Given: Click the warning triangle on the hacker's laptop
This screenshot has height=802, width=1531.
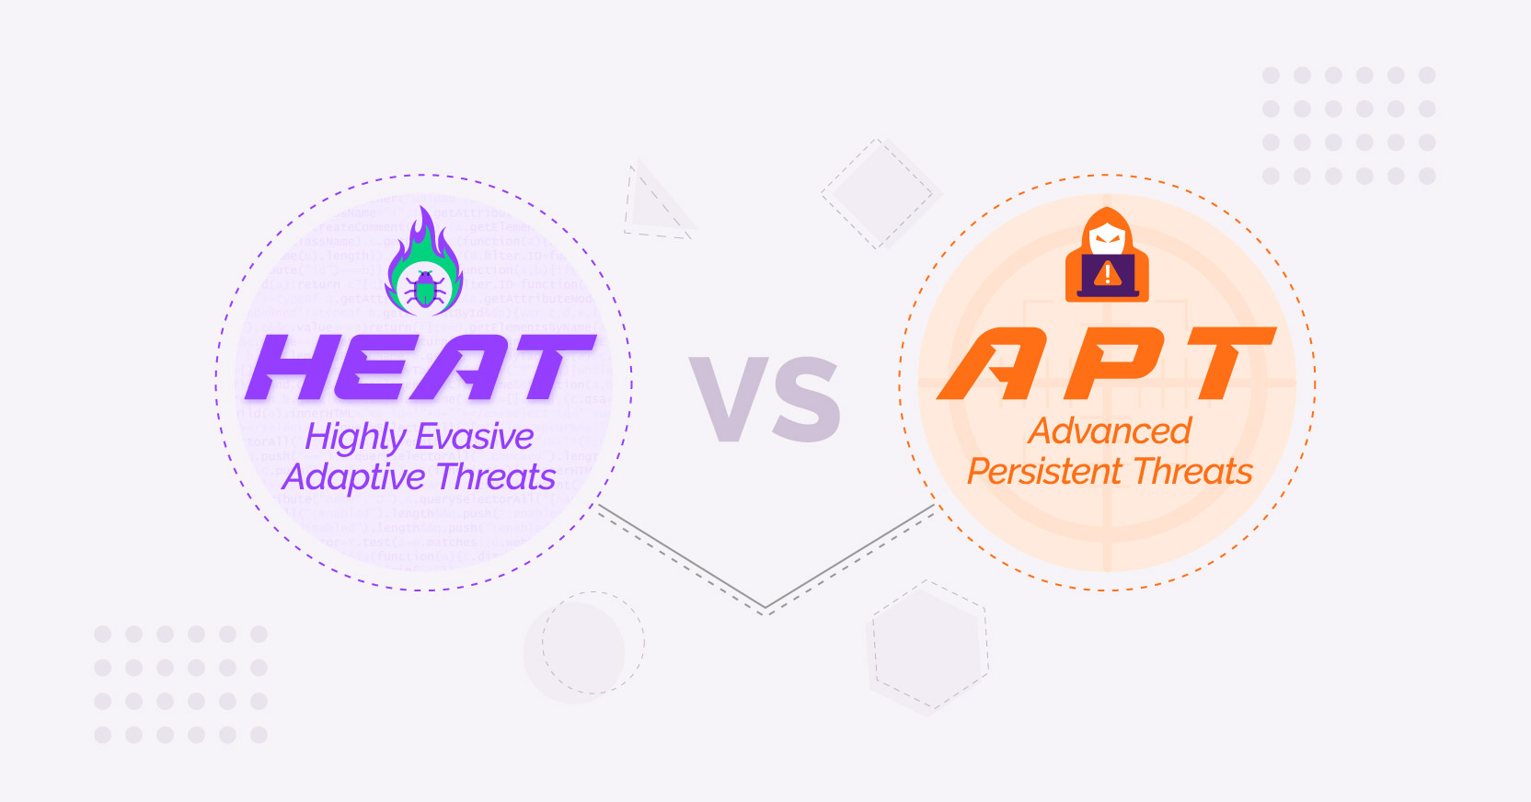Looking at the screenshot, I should [1108, 273].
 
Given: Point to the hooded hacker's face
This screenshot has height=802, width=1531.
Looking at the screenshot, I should [1107, 240].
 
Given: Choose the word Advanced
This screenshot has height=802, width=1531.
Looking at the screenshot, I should [1110, 430].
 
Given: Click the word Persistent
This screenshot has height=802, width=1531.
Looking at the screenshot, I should [1044, 472].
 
